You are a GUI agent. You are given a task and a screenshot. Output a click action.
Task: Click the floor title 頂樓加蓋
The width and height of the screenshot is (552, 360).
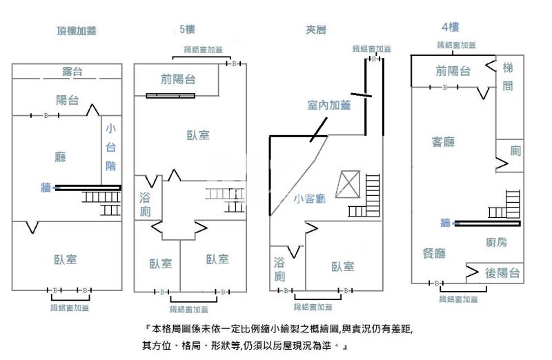point(77,30)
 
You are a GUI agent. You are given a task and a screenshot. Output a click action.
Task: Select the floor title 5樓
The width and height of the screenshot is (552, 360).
point(187,29)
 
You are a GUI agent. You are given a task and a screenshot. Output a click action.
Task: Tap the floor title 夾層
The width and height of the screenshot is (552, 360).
point(315,30)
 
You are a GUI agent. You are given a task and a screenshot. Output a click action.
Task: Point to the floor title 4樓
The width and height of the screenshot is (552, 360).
point(450,28)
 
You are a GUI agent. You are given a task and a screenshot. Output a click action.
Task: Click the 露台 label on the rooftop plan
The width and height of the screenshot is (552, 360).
point(68,71)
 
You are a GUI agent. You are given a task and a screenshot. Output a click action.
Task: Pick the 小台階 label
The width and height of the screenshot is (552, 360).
point(110,146)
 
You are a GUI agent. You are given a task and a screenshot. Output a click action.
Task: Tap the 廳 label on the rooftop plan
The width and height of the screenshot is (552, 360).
point(61,157)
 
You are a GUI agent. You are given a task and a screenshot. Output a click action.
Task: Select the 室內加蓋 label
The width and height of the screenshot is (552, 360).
point(328,106)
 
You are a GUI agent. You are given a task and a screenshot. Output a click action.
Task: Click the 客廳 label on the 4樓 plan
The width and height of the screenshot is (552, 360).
point(443,142)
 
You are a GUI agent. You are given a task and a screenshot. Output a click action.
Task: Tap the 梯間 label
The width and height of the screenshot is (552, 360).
point(508,77)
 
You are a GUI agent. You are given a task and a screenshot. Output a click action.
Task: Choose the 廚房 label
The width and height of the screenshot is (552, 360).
point(496,242)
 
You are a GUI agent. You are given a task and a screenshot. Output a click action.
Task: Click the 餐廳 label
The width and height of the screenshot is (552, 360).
point(434,253)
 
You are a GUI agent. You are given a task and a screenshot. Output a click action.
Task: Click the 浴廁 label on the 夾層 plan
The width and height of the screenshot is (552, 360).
point(279,269)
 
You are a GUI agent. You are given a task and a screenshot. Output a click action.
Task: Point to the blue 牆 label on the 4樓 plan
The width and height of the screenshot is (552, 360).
point(445,222)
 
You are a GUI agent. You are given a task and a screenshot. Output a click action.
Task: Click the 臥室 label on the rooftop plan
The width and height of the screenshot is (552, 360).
point(66,259)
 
